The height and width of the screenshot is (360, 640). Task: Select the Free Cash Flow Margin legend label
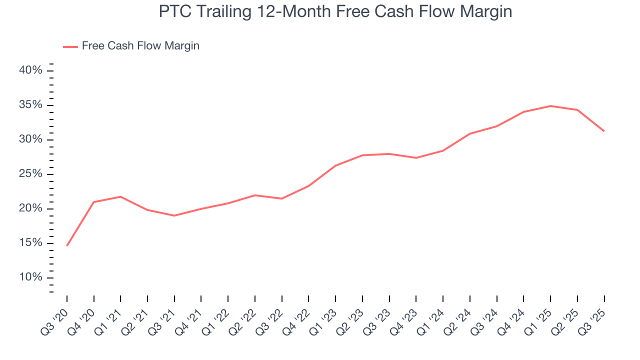(x=140, y=46)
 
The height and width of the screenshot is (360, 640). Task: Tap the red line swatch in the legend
(x=70, y=46)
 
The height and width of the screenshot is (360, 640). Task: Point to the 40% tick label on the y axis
(x=30, y=70)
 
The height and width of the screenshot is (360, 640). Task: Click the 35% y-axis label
(x=30, y=105)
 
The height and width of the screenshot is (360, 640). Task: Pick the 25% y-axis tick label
(x=30, y=174)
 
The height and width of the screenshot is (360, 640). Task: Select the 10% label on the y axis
(x=30, y=277)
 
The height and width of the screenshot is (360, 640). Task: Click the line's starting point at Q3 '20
(x=67, y=245)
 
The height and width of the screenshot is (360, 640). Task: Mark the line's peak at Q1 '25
(x=550, y=106)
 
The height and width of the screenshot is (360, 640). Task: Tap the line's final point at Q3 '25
(x=604, y=131)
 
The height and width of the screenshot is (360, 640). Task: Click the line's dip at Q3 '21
(x=174, y=215)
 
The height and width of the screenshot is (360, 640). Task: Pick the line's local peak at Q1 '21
(x=120, y=196)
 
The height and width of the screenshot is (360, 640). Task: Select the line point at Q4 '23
(x=416, y=158)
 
